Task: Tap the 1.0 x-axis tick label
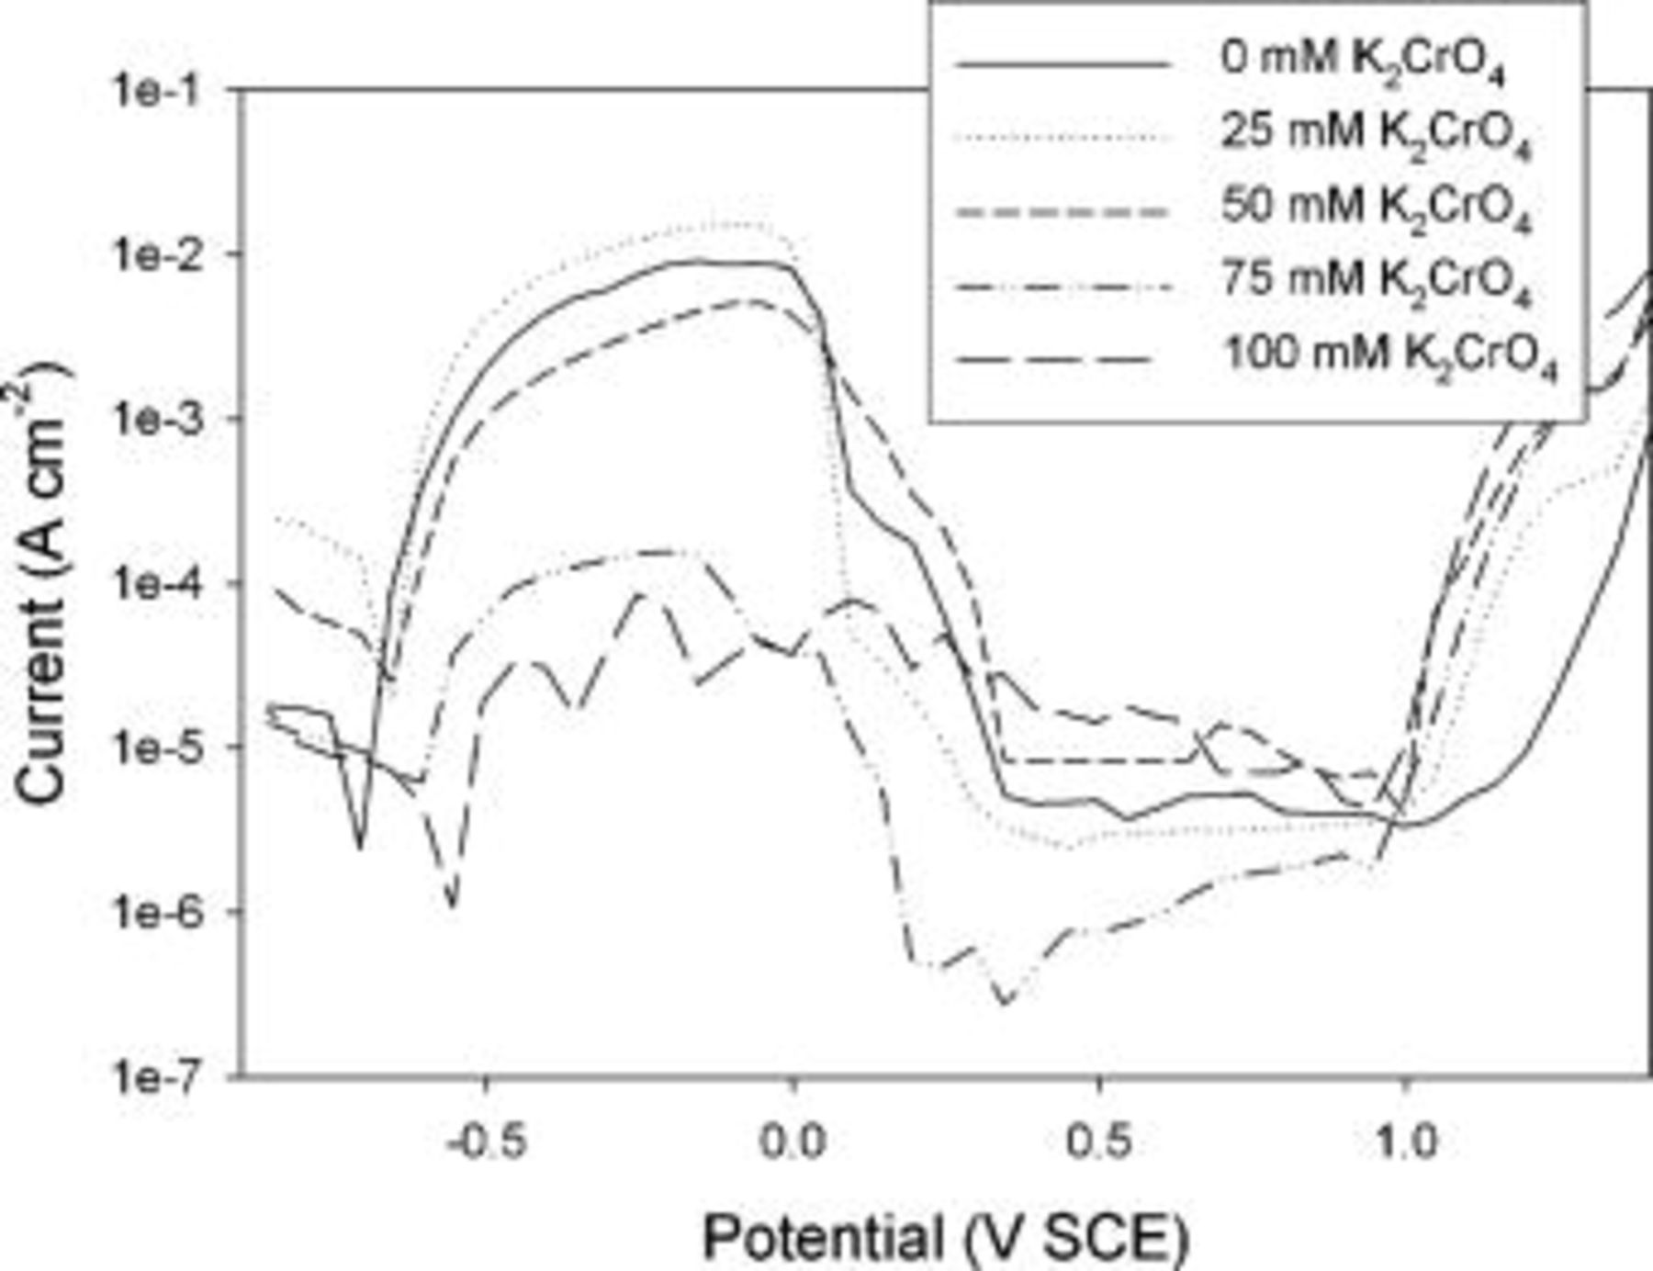click(1405, 1142)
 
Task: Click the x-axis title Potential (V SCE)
click(945, 1236)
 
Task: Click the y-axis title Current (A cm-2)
click(42, 584)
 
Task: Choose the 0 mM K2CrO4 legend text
click(1362, 62)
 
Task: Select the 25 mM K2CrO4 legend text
click(1375, 135)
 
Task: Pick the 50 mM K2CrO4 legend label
click(1375, 208)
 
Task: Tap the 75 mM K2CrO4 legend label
click(1375, 281)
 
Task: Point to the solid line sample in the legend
click(1063, 64)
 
